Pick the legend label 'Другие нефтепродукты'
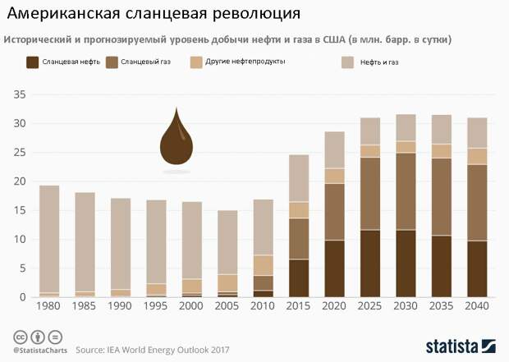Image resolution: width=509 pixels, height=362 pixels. (x=239, y=62)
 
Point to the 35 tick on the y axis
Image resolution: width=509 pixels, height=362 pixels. (x=21, y=95)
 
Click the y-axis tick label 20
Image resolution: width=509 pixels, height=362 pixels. (x=21, y=181)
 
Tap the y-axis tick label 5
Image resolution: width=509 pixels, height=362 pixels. (x=23, y=268)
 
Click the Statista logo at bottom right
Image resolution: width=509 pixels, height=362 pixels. (x=460, y=346)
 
